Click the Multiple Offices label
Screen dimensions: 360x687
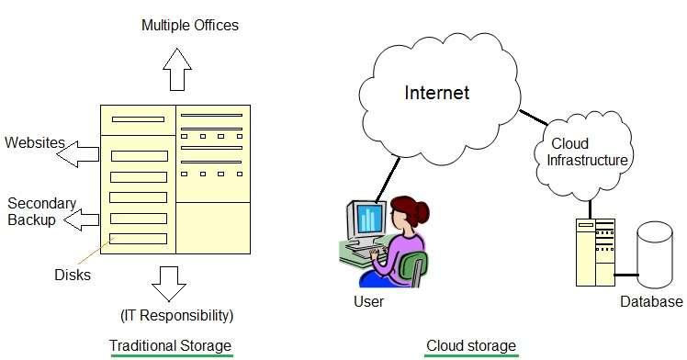click(189, 25)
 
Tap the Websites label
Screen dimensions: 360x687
click(35, 143)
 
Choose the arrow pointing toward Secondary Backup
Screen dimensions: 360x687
click(82, 219)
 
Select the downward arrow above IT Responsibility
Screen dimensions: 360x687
click(168, 284)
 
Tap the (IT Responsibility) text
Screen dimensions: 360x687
click(176, 316)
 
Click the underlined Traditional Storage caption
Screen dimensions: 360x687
click(170, 345)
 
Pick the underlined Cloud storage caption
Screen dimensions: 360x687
click(471, 345)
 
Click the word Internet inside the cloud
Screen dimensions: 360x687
click(437, 93)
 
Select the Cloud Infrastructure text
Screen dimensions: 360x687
click(587, 152)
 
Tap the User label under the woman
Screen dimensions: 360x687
click(368, 301)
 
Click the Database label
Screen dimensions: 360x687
click(651, 301)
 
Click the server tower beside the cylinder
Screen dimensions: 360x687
click(594, 253)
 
